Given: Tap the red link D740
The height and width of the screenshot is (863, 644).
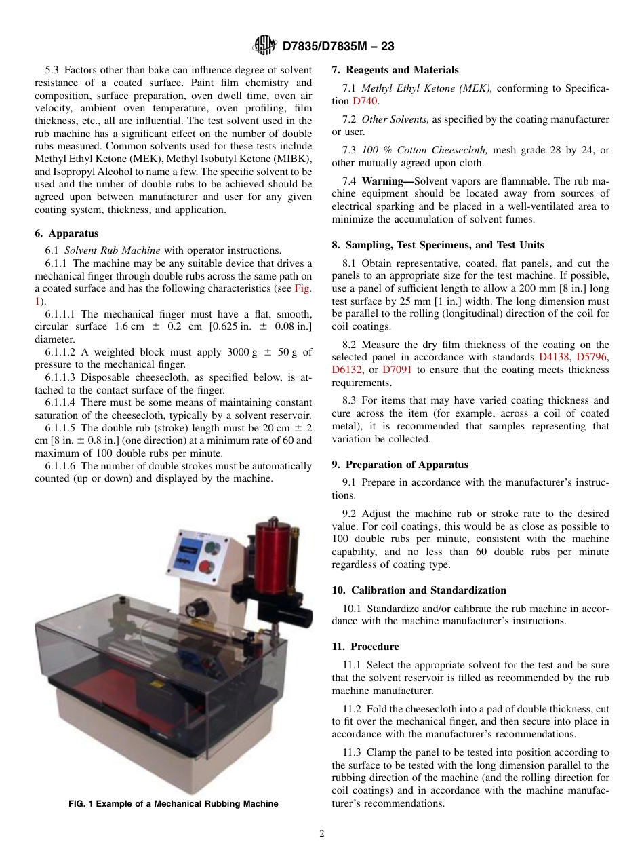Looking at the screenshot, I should coord(365,101).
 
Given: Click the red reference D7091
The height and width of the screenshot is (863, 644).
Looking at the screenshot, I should coord(397,370).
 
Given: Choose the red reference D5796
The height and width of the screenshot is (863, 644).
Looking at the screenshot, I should coord(592,357).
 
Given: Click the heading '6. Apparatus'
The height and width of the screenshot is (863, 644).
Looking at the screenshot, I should coord(66,233).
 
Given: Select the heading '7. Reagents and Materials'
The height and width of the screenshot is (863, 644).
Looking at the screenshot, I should coord(395,70).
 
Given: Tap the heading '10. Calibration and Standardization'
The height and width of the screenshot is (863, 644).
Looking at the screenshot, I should coord(419,590).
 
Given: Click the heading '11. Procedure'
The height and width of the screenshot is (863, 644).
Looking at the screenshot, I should coord(365,647).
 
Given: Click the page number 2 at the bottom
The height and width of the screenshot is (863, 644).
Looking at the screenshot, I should coord(322,834).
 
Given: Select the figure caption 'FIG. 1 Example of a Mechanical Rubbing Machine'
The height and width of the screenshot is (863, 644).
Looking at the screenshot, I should coord(174,804).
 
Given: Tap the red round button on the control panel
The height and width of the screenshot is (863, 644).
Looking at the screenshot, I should coord(208,567).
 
